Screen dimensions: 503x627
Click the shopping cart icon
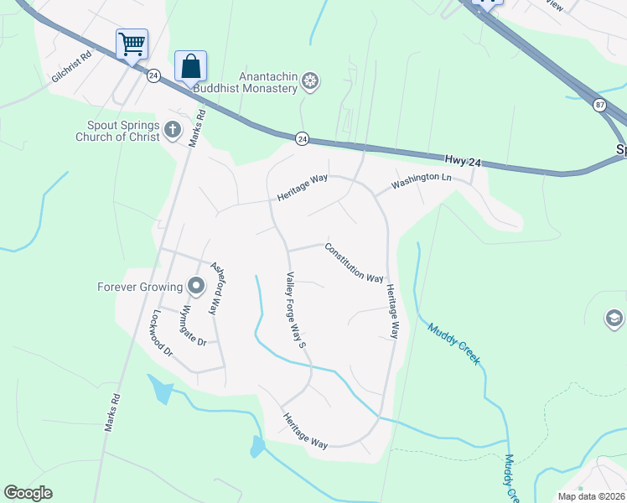tap(132, 44)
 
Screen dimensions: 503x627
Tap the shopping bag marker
tap(190, 65)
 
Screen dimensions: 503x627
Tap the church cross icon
tap(173, 129)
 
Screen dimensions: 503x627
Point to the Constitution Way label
tap(354, 262)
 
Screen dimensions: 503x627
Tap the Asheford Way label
tap(217, 287)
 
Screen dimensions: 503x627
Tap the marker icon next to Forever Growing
tap(196, 287)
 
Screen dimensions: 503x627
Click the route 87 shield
tap(599, 104)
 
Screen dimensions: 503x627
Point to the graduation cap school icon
tap(614, 319)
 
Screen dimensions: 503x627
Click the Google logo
tap(28, 493)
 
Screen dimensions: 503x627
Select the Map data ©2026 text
tap(591, 495)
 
